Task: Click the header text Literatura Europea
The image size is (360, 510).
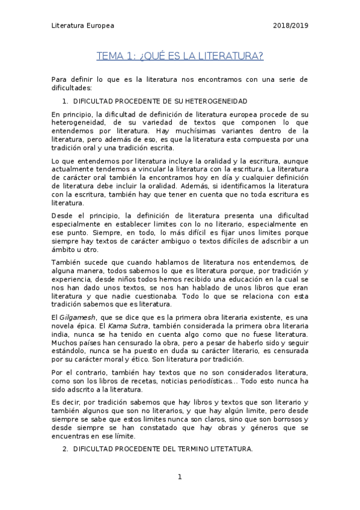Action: (x=82, y=26)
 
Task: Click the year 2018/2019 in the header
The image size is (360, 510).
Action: (x=291, y=26)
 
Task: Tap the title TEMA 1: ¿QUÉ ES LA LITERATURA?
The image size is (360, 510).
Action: (x=180, y=57)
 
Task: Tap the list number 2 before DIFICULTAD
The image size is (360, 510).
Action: (x=65, y=449)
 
